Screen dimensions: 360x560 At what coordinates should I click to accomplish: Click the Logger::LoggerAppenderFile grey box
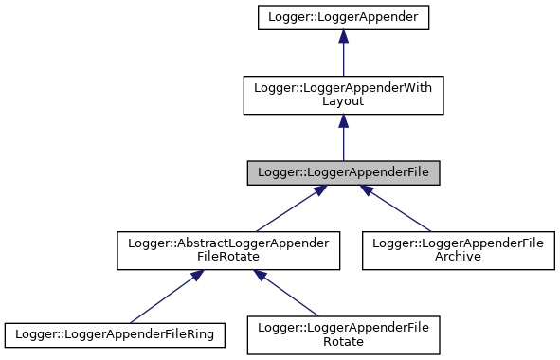[x=343, y=173]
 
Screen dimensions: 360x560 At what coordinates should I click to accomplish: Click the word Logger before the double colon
[x=276, y=173]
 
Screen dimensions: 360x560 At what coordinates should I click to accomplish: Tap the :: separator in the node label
[x=298, y=173]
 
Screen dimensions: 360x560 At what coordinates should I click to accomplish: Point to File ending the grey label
[x=416, y=173]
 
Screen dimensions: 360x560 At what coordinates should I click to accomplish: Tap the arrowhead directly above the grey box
[x=343, y=120]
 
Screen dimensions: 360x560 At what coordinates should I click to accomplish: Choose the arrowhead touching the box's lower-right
[x=367, y=190]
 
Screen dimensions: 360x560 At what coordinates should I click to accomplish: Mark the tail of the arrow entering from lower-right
[x=430, y=230]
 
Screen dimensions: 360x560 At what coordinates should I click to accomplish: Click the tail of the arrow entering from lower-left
[x=257, y=230]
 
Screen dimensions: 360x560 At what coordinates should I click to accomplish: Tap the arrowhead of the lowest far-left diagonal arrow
[x=197, y=276]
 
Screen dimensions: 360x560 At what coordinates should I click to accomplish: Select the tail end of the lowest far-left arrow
[x=131, y=322]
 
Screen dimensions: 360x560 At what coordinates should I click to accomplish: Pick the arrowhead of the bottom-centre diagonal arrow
[x=260, y=276]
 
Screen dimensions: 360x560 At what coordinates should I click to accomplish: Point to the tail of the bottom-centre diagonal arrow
[x=318, y=315]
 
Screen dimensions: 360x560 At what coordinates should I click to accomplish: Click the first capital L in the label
[x=261, y=173]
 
